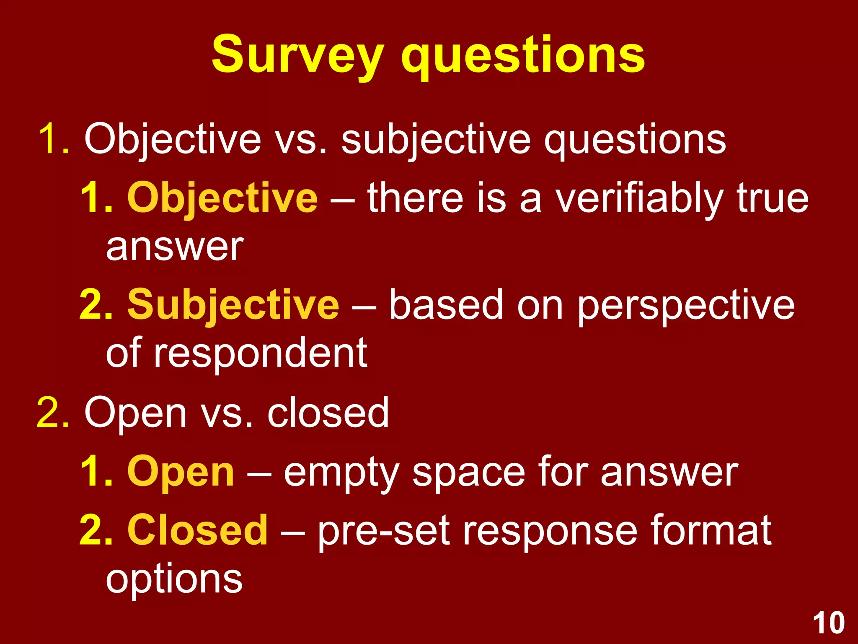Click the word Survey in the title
click(297, 56)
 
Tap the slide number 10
click(829, 623)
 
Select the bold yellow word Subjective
click(233, 305)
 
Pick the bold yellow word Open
click(181, 472)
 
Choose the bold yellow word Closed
click(197, 530)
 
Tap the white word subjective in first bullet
click(436, 140)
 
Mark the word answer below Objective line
click(175, 247)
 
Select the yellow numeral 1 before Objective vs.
click(48, 139)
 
